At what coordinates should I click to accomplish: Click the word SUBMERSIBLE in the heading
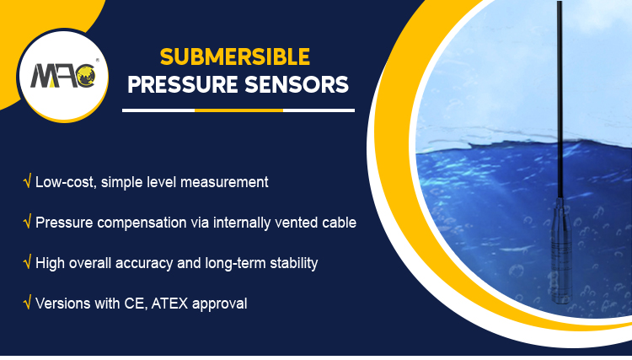[235, 57]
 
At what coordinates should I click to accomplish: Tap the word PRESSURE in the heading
[183, 87]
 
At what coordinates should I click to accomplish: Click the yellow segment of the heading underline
[238, 110]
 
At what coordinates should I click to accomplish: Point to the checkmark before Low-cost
[28, 181]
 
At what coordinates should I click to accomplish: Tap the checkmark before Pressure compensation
[28, 223]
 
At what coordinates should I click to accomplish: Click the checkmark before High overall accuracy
[28, 263]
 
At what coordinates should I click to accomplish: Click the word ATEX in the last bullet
[169, 304]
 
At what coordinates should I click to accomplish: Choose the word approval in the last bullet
[220, 304]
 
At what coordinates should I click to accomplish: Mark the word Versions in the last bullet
[62, 304]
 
